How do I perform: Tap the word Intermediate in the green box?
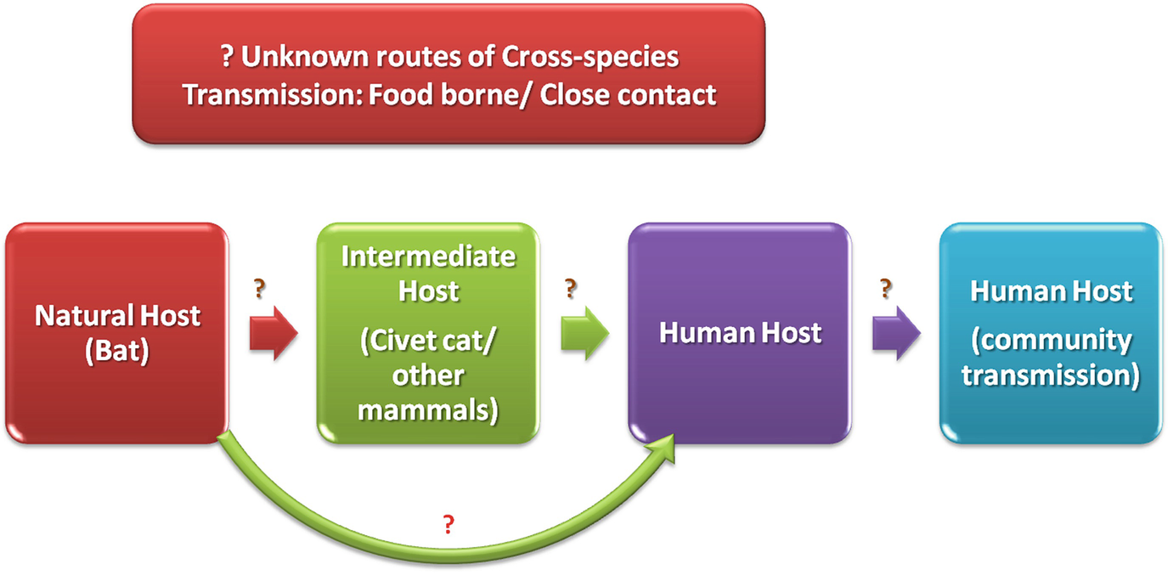point(428,256)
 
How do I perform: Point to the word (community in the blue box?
point(1052,341)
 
